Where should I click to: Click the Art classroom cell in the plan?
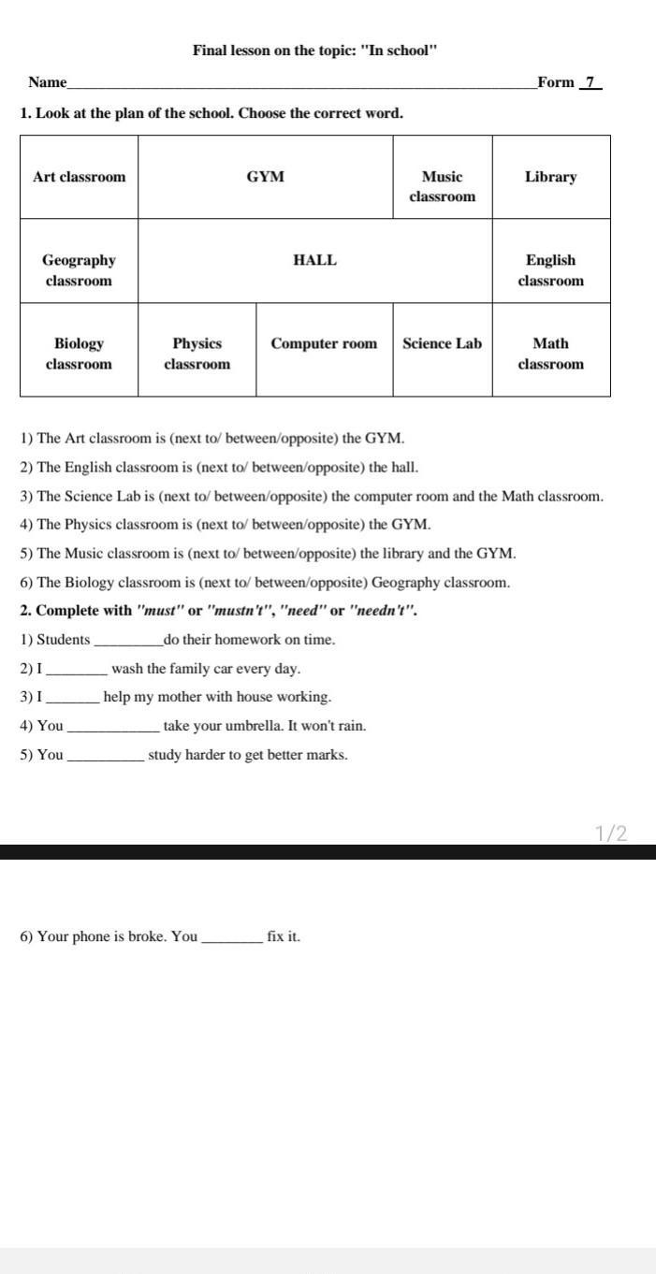[79, 177]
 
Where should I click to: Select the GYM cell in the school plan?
[266, 177]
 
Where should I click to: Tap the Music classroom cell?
[442, 186]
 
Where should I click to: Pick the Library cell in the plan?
[550, 177]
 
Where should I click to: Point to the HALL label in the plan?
[314, 260]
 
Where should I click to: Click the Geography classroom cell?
[79, 270]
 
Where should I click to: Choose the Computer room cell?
[324, 343]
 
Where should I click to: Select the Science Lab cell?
[442, 343]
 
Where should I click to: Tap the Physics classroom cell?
[197, 354]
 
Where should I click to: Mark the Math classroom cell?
[550, 354]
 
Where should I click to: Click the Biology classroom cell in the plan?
[79, 354]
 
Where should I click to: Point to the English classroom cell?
[550, 270]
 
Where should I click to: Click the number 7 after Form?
[590, 82]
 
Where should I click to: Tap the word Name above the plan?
[47, 82]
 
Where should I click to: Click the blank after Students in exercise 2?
[128, 642]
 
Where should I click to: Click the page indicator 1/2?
[610, 833]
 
